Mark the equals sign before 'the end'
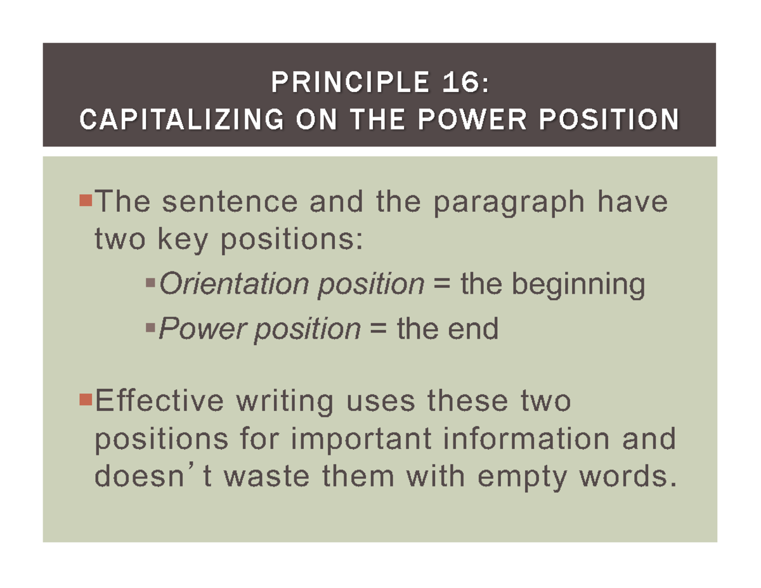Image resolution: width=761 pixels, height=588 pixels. pos(377,329)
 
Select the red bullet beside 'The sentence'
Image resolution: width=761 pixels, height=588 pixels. pos(87,202)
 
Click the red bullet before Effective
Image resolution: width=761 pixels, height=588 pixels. pos(87,399)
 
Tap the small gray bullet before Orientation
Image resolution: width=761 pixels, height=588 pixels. pos(151,280)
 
